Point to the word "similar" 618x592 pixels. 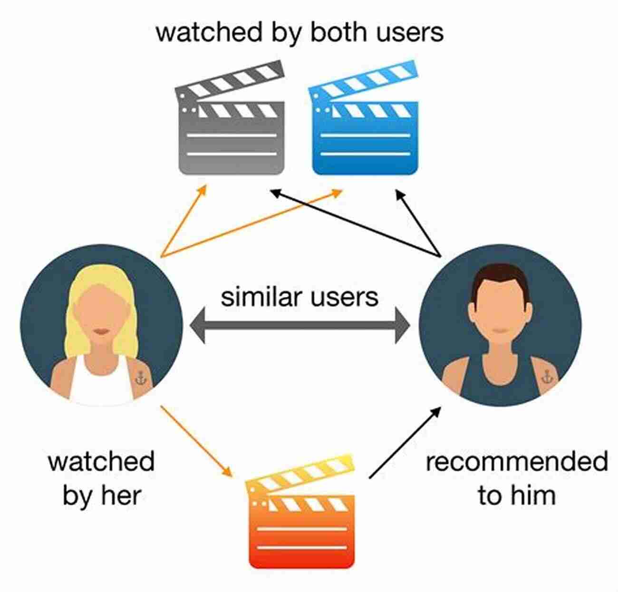[x=261, y=297]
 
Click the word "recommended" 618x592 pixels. [x=517, y=462]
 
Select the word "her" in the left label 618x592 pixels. [x=121, y=496]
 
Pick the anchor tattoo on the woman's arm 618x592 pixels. [x=141, y=377]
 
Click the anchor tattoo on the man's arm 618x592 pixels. [x=547, y=377]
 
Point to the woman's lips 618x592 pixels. [x=102, y=331]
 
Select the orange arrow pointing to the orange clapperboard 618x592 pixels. [x=197, y=441]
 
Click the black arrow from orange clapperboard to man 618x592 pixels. [x=405, y=442]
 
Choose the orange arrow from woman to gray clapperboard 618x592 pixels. [x=184, y=221]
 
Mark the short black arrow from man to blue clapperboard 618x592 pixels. [x=418, y=223]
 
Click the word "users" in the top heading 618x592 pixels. [x=410, y=32]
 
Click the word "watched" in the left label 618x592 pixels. [x=101, y=462]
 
